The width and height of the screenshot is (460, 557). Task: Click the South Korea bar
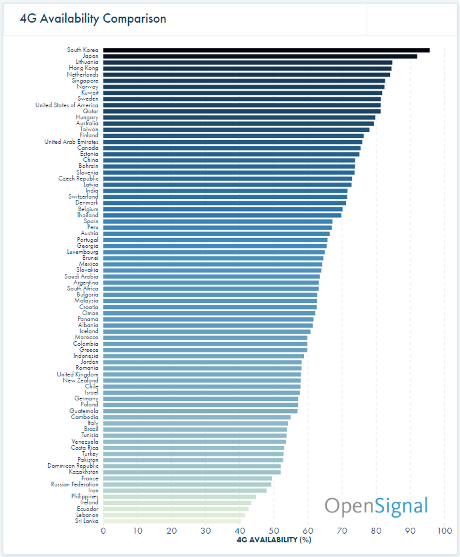[x=267, y=50]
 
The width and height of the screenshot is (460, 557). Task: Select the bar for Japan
[x=260, y=56]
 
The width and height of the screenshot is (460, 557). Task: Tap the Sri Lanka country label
[x=87, y=521]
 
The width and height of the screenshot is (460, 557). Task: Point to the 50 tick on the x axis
[x=274, y=531]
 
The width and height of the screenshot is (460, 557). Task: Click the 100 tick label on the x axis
[x=443, y=531]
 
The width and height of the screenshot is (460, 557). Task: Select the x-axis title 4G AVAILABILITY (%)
[x=274, y=540]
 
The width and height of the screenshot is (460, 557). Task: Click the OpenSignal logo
[x=376, y=506]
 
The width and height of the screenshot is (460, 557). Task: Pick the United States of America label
[x=67, y=105]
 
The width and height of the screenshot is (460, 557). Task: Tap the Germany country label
[x=86, y=398]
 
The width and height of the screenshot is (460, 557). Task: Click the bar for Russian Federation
[x=187, y=484]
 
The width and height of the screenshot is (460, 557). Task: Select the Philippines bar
[x=179, y=496]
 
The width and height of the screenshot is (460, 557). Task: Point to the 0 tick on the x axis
[x=103, y=531]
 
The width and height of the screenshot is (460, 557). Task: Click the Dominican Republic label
[x=73, y=466]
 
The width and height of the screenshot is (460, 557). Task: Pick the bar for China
[x=229, y=160]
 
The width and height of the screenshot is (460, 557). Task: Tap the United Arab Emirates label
[x=71, y=142]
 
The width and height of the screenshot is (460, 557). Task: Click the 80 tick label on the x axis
[x=376, y=531]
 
